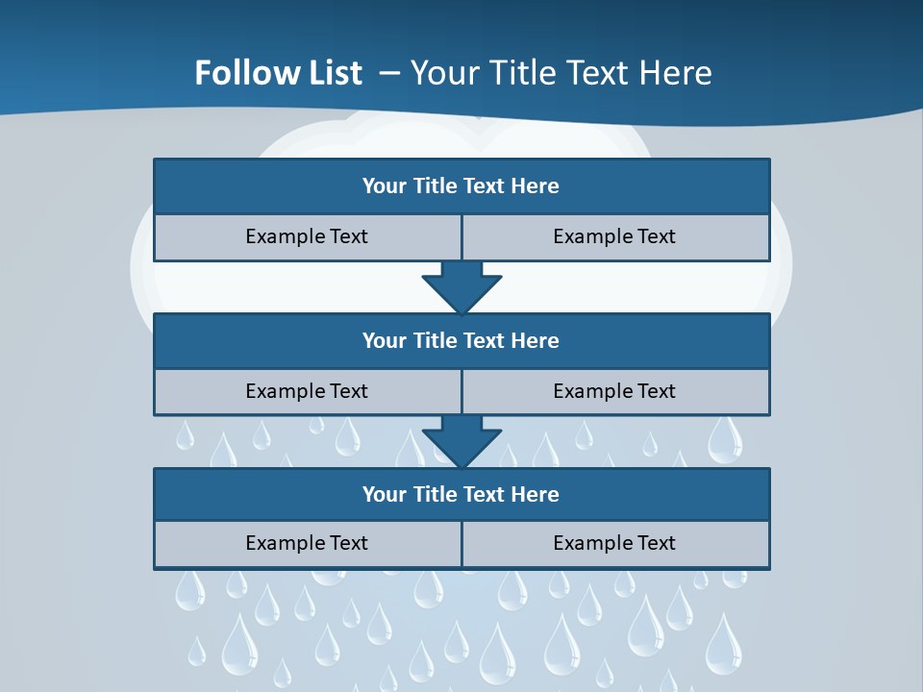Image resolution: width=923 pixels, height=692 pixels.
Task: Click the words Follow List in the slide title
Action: (x=278, y=73)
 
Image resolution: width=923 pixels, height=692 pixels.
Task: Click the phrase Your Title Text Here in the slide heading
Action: (x=561, y=73)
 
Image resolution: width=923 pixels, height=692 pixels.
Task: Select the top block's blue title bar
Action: (x=461, y=186)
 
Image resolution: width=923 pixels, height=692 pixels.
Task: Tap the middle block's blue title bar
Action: (x=461, y=340)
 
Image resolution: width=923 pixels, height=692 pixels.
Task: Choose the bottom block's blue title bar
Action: (x=461, y=494)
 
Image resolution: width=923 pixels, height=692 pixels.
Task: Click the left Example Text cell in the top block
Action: (x=307, y=236)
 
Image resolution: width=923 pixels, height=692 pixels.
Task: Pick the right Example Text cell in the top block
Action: (x=614, y=236)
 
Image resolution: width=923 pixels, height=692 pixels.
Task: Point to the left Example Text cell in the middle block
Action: (x=307, y=391)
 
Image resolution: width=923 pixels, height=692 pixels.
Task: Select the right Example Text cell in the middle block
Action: (x=614, y=391)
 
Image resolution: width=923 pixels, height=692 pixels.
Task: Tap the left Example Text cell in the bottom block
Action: (x=307, y=543)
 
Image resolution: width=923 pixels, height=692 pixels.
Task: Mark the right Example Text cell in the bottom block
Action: (x=614, y=543)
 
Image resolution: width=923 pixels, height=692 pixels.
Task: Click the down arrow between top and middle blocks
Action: (x=461, y=286)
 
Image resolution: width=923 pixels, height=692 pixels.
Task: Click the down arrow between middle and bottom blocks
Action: (x=461, y=441)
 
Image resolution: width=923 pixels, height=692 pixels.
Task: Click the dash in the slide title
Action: (x=390, y=73)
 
